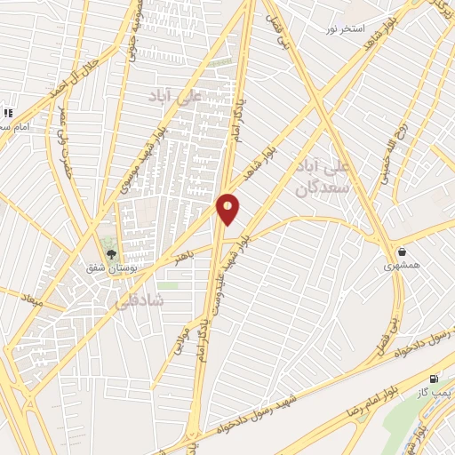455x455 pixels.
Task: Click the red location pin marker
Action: (x=228, y=208)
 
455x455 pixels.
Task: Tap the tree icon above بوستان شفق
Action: (x=111, y=255)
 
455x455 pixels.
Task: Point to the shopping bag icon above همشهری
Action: (x=404, y=252)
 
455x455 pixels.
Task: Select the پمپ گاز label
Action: (x=435, y=392)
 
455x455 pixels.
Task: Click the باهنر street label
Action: (x=183, y=257)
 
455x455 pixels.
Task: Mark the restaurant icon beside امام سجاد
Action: (x=7, y=113)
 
